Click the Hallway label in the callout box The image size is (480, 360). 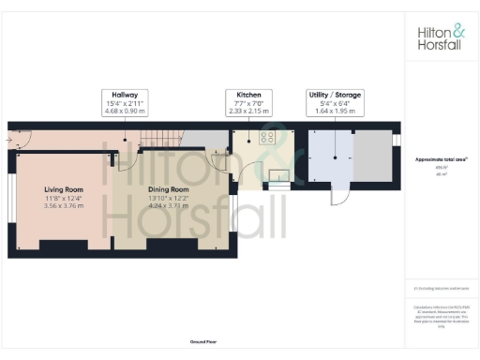pyautogui.click(x=125, y=95)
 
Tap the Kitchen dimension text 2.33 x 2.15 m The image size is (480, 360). pyautogui.click(x=247, y=110)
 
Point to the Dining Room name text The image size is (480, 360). pyautogui.click(x=169, y=189)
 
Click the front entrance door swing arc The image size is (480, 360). pyautogui.click(x=26, y=141)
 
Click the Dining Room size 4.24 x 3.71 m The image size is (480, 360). pyautogui.click(x=169, y=206)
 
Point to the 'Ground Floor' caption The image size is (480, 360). pyautogui.click(x=202, y=343)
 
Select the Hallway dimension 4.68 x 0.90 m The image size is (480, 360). pyautogui.click(x=125, y=110)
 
